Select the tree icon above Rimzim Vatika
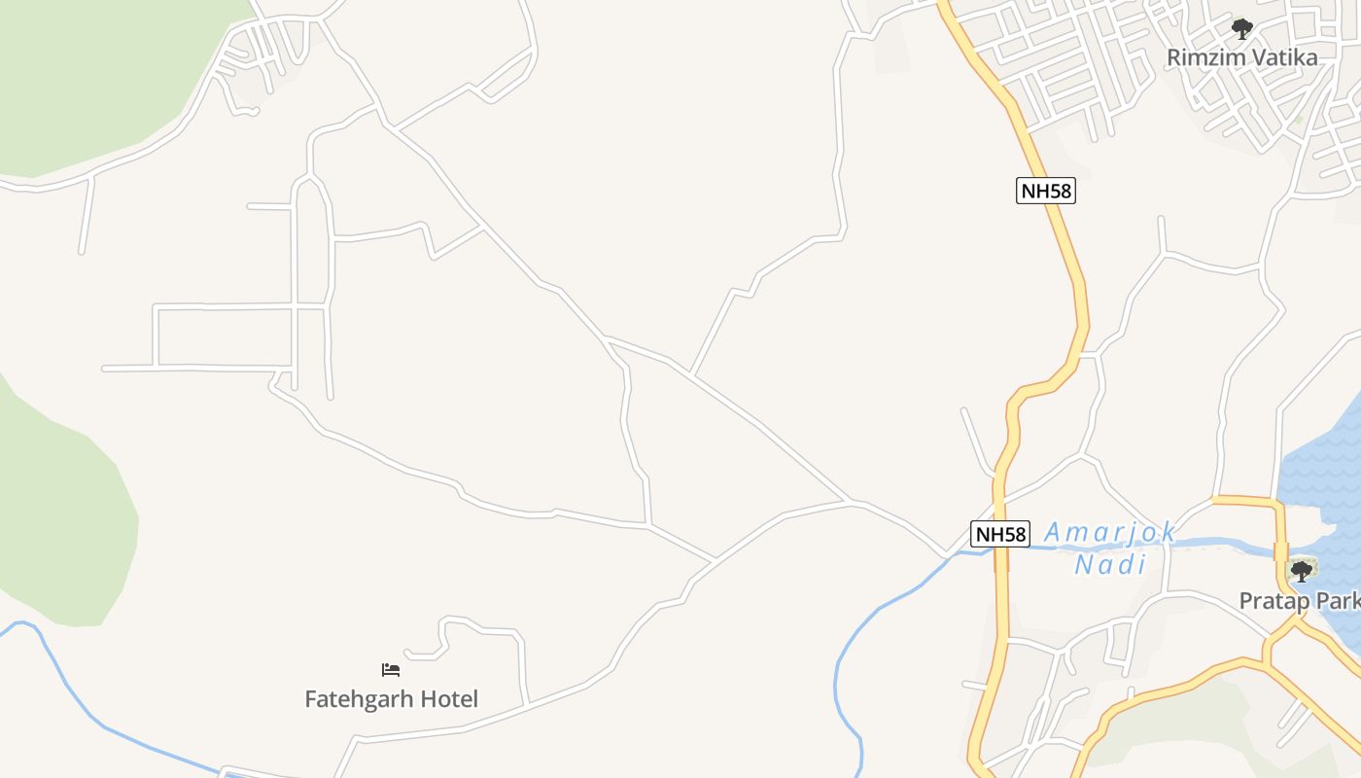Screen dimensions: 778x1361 pyautogui.click(x=1241, y=29)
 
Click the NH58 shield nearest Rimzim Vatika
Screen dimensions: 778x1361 pyautogui.click(x=1046, y=191)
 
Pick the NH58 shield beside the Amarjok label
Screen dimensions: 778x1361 pyautogui.click(x=999, y=534)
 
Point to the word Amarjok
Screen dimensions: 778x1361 pyautogui.click(x=1110, y=533)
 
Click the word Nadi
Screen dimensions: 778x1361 pyautogui.click(x=1110, y=564)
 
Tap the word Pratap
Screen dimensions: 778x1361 pyautogui.click(x=1270, y=601)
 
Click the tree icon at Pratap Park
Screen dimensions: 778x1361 pyautogui.click(x=1301, y=572)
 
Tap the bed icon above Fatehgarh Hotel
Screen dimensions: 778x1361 pyautogui.click(x=391, y=669)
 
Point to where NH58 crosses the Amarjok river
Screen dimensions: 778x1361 pyautogui.click(x=1000, y=550)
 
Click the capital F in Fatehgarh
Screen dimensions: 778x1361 pyautogui.click(x=312, y=699)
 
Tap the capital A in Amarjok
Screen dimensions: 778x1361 pyautogui.click(x=1053, y=533)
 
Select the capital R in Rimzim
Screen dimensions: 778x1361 pyautogui.click(x=1173, y=57)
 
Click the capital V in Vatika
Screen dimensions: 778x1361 pyautogui.click(x=1253, y=57)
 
